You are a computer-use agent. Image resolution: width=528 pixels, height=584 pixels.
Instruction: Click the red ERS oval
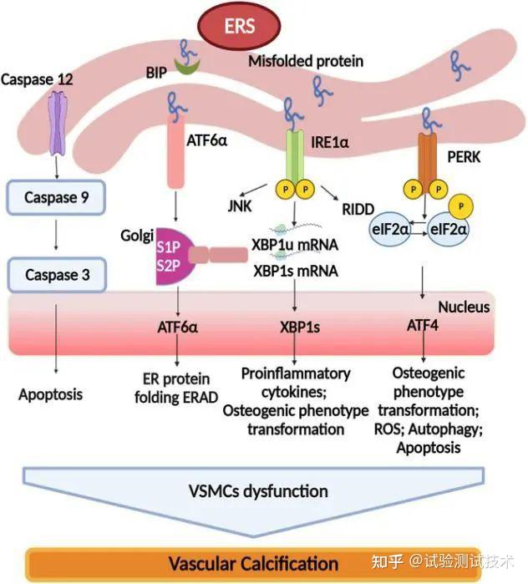(239, 26)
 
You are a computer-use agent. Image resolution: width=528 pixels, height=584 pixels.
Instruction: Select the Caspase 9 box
(56, 197)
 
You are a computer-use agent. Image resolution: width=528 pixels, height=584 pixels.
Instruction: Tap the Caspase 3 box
(57, 275)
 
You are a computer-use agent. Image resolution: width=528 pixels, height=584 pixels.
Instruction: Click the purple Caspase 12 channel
(58, 123)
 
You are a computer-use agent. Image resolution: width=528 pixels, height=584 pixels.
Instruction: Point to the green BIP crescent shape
(187, 67)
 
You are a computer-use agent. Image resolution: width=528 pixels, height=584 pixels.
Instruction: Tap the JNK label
(240, 206)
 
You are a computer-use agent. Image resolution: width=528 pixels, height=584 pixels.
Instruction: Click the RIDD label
(358, 210)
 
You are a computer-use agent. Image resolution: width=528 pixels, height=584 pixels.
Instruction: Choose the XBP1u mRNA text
(295, 245)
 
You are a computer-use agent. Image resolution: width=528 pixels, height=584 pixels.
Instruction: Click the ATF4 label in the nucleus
(422, 325)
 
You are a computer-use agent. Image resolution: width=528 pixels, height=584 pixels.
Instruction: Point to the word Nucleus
(464, 307)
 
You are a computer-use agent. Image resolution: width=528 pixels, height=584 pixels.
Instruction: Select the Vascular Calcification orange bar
(253, 564)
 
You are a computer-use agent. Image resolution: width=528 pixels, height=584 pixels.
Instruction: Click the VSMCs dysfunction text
(258, 491)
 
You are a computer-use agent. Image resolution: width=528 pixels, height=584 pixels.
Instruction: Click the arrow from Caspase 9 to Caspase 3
(56, 235)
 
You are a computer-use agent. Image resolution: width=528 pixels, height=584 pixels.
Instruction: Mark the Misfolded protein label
(306, 61)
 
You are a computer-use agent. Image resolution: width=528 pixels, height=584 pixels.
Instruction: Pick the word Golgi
(137, 236)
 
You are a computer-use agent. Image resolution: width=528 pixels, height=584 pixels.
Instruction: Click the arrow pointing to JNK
(254, 190)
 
